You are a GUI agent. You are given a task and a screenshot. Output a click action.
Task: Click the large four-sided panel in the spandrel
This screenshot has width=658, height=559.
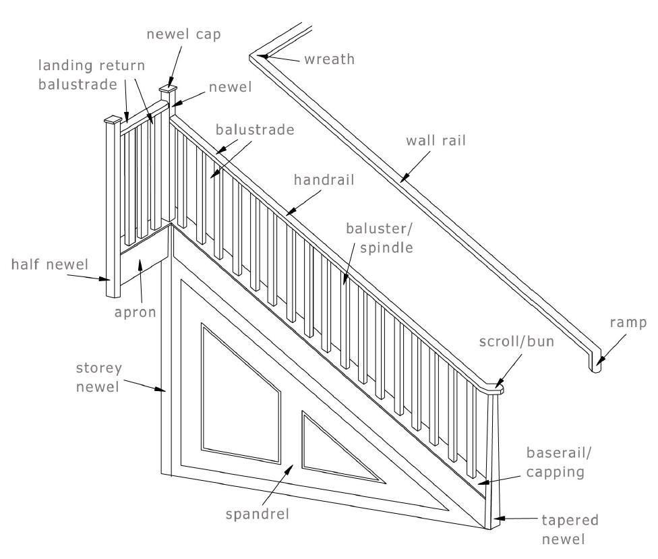[239, 394]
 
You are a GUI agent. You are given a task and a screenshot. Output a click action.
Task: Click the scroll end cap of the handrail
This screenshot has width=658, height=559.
[496, 388]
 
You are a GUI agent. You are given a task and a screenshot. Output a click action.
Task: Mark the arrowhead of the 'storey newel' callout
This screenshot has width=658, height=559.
[164, 390]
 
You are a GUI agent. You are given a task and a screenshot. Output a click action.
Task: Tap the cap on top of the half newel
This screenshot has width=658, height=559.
[112, 121]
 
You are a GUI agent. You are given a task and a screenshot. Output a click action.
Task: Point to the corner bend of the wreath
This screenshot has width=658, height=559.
[258, 57]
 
